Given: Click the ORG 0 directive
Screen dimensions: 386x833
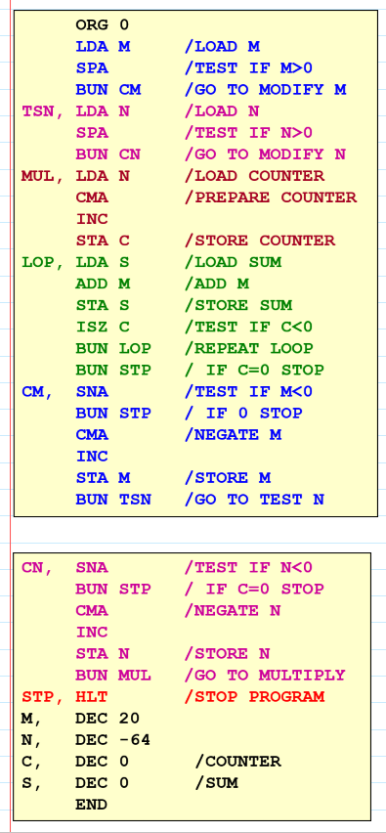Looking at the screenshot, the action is pyautogui.click(x=102, y=24).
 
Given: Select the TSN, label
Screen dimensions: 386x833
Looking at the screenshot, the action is pyautogui.click(x=43, y=110).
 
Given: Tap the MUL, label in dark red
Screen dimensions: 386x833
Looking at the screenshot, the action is pyautogui.click(x=43, y=176).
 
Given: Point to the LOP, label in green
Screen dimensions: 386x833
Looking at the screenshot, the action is pyautogui.click(x=43, y=262).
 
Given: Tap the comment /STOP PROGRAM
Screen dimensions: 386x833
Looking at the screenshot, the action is pyautogui.click(x=254, y=696).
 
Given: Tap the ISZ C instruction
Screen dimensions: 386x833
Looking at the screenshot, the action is pyautogui.click(x=102, y=327).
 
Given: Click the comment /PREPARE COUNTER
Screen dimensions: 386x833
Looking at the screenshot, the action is pyautogui.click(x=270, y=197).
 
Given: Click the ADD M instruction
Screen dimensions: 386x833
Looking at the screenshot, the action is pyautogui.click(x=102, y=284).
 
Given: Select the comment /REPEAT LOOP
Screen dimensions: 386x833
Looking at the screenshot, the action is pyautogui.click(x=248, y=348).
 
